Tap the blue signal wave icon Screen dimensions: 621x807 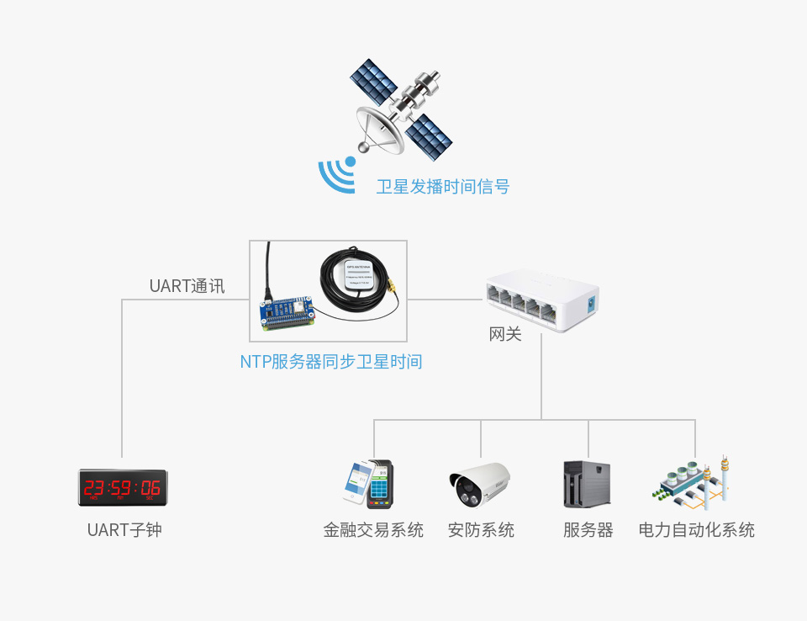[336, 175]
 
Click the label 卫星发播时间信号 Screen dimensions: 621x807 [442, 187]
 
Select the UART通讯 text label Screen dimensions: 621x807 [187, 286]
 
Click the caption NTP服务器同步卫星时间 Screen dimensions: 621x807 [331, 363]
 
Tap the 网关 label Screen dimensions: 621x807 [505, 335]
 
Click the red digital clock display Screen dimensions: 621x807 [123, 487]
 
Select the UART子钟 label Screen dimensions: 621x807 [124, 530]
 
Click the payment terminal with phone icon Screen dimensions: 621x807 [370, 484]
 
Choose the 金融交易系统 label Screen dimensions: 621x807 [373, 530]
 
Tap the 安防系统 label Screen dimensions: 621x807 [481, 530]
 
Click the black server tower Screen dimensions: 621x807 [586, 484]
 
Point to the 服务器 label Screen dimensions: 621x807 [588, 530]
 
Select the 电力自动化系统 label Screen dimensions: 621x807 [696, 530]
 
